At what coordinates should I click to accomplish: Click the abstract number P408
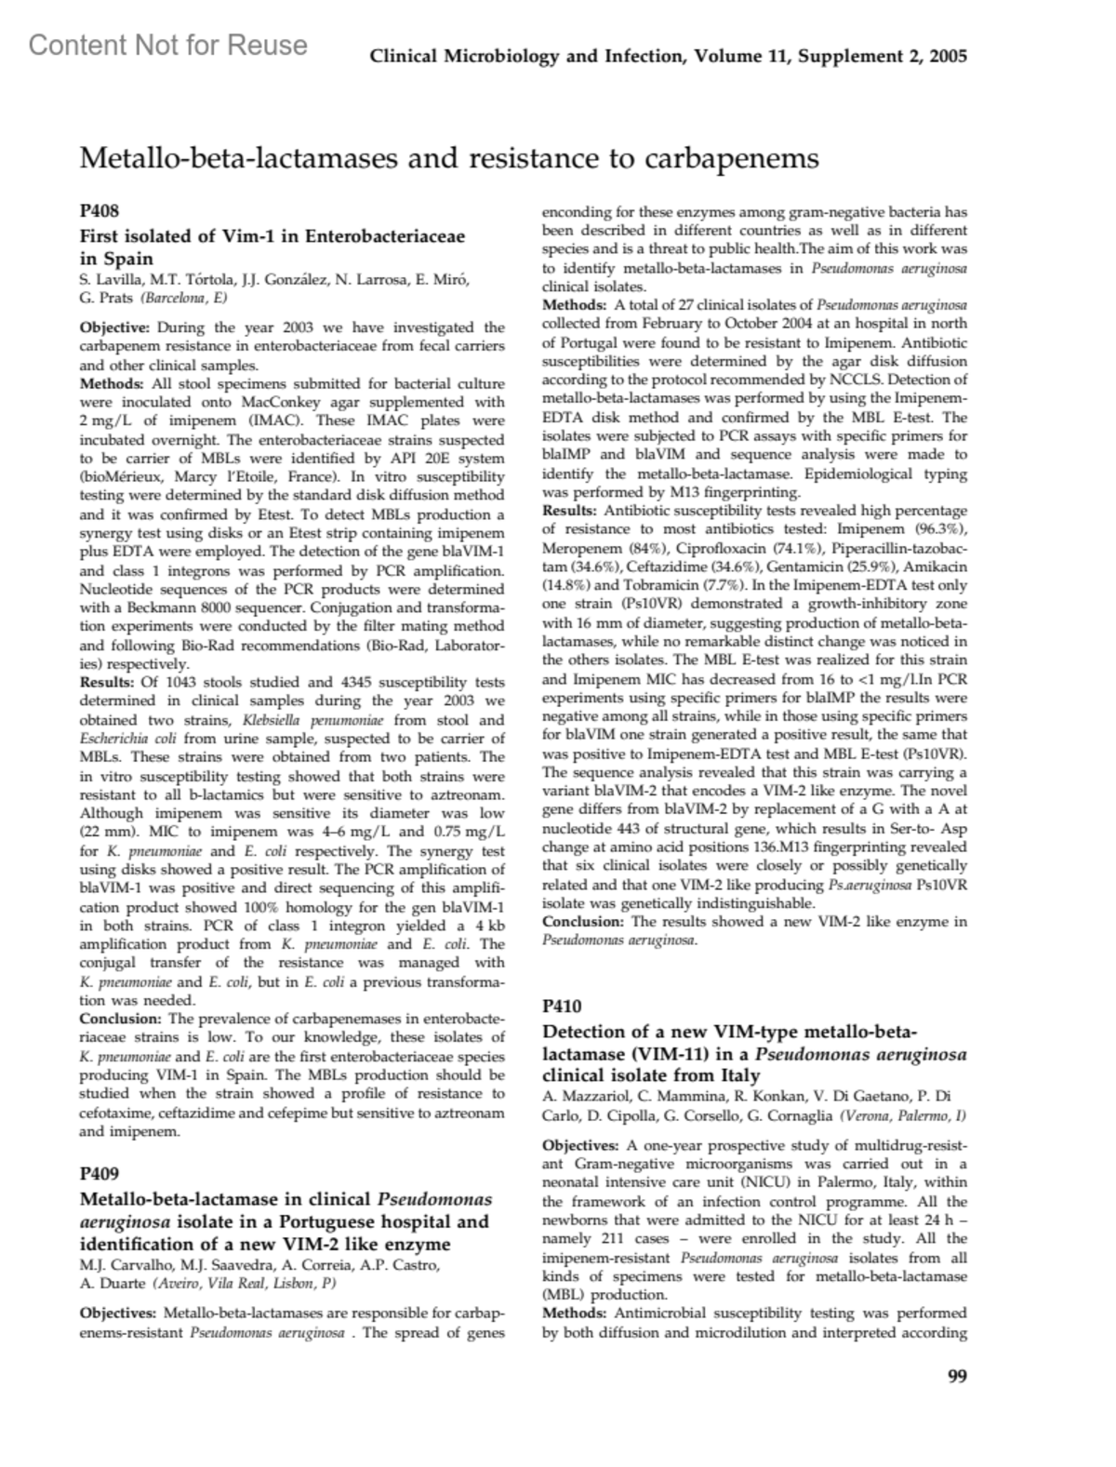tap(100, 212)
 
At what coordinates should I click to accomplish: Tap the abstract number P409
tap(100, 1174)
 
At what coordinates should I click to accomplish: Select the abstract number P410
tap(562, 1006)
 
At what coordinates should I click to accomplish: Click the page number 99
tap(957, 1377)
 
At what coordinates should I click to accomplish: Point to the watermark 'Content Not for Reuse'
tap(168, 45)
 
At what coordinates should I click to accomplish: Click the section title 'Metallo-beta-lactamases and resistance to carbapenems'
tap(449, 158)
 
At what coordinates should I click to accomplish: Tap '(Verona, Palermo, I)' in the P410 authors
tap(903, 1114)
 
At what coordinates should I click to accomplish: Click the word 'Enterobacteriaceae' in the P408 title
tap(384, 236)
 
